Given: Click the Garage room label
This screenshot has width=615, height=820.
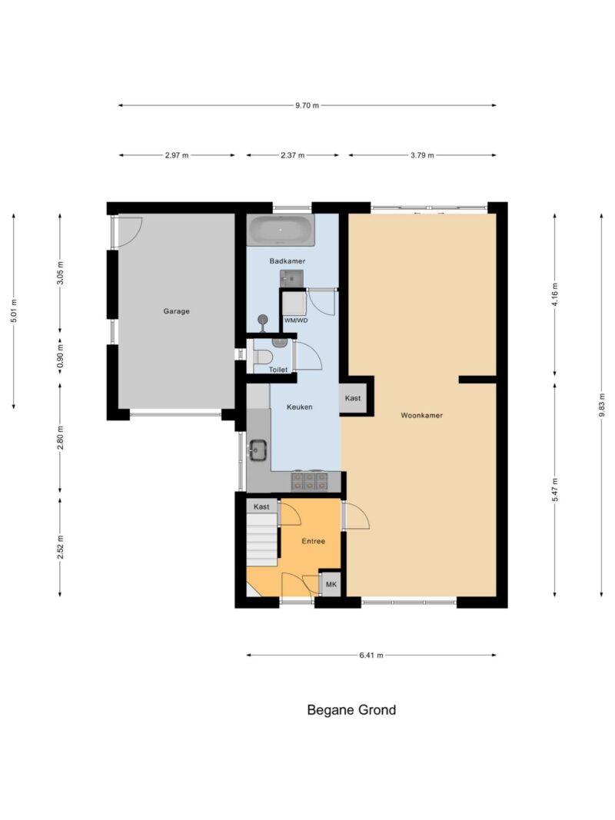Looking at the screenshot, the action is pyautogui.click(x=176, y=311).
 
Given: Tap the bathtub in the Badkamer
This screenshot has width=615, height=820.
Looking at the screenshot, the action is pyautogui.click(x=281, y=230).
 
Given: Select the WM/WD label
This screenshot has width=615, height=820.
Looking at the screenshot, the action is pyautogui.click(x=296, y=320).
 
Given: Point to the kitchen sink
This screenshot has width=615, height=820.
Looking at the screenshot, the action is pyautogui.click(x=258, y=450).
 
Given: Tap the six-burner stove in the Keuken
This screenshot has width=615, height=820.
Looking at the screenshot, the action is pyautogui.click(x=310, y=481).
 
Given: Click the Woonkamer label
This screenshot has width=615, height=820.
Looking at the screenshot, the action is pyautogui.click(x=421, y=415).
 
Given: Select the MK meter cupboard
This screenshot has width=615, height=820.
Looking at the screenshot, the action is pyautogui.click(x=331, y=584).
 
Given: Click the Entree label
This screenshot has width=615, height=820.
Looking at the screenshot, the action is pyautogui.click(x=313, y=541).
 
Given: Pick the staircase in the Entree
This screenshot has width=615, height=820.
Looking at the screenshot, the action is pyautogui.click(x=261, y=539).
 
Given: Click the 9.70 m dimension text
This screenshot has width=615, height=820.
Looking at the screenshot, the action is pyautogui.click(x=307, y=105).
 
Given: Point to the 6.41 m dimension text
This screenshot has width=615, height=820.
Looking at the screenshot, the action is pyautogui.click(x=371, y=655).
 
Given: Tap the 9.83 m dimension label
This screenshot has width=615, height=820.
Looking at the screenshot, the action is pyautogui.click(x=601, y=403).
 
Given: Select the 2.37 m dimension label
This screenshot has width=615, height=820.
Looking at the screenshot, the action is pyautogui.click(x=292, y=155).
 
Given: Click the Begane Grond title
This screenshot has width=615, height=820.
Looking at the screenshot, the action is pyautogui.click(x=351, y=709).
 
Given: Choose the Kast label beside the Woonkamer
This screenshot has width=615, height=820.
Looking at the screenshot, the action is pyautogui.click(x=353, y=398).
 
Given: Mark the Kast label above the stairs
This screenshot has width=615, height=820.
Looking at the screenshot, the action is pyautogui.click(x=261, y=506).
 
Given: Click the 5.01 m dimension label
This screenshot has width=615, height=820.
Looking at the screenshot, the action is pyautogui.click(x=15, y=310).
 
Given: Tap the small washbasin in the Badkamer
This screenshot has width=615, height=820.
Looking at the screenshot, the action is pyautogui.click(x=291, y=279).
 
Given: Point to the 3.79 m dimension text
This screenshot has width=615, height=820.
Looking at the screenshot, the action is pyautogui.click(x=422, y=155).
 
